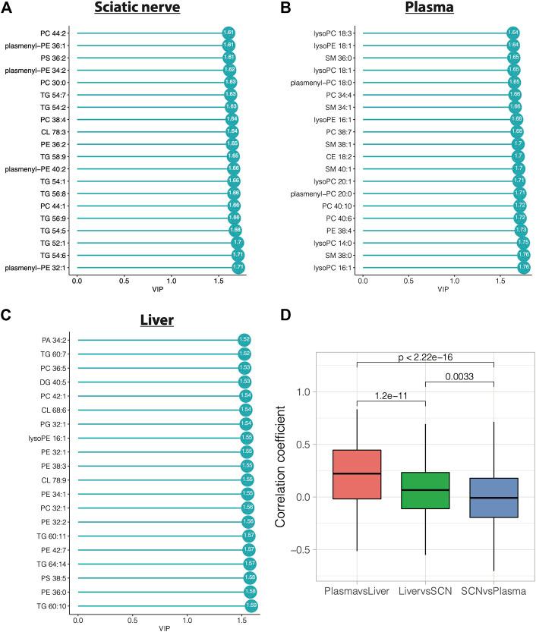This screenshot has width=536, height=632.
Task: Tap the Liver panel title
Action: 159,321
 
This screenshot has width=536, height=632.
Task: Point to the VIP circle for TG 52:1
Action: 238,243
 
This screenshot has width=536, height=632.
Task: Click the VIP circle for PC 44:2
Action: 228,33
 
